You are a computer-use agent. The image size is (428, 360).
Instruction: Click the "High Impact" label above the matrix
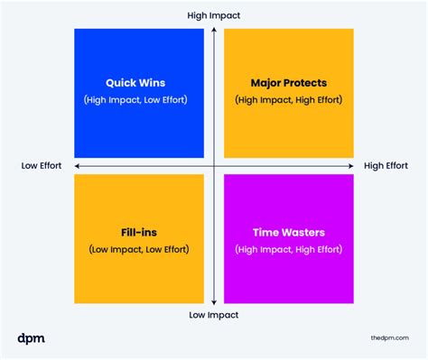coord(214,16)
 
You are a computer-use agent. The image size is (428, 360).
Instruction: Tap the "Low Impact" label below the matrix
coord(214,315)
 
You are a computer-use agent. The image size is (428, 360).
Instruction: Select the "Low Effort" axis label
coord(43,166)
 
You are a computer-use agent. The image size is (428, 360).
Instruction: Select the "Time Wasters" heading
coord(289,232)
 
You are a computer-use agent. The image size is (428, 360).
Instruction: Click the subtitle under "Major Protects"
coord(289,98)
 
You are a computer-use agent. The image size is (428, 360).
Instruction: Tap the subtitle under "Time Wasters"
coord(289,249)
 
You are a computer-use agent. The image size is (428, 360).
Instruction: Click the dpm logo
coord(31,338)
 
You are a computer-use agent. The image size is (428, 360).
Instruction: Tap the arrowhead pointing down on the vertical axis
coord(214,303)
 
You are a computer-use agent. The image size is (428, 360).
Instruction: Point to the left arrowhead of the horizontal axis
coord(77,166)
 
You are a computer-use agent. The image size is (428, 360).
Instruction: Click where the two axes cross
coord(214,166)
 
